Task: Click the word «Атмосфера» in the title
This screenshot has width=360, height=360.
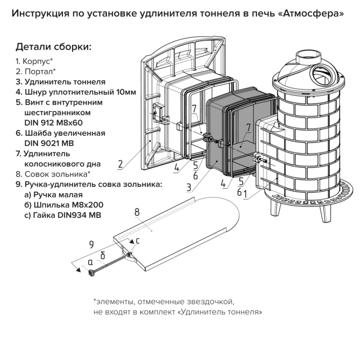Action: (313, 14)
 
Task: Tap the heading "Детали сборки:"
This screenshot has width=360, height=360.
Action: (54, 47)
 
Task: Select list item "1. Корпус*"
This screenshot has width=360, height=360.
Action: (34, 61)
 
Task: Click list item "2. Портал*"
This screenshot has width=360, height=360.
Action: (36, 72)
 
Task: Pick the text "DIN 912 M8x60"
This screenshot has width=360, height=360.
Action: (53, 123)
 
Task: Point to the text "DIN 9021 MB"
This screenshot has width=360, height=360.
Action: (49, 143)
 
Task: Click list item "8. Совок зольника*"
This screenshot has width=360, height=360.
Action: (53, 174)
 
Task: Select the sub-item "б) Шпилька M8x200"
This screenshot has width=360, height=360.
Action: (64, 205)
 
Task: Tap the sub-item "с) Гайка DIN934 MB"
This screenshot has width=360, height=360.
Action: (63, 215)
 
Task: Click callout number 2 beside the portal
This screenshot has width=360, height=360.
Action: (120, 164)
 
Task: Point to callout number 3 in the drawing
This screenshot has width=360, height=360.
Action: (189, 187)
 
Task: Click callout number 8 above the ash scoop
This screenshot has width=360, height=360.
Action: (137, 212)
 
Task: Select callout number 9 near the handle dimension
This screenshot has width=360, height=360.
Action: (91, 244)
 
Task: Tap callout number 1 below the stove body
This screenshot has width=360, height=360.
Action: (245, 194)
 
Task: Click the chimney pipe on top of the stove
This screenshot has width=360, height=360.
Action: (307, 56)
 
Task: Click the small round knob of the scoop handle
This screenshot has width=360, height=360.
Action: (91, 273)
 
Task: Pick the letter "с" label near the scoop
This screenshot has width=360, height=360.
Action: (138, 241)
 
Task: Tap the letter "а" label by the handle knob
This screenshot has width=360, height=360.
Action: (90, 262)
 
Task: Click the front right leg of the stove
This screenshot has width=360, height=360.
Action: (325, 213)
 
